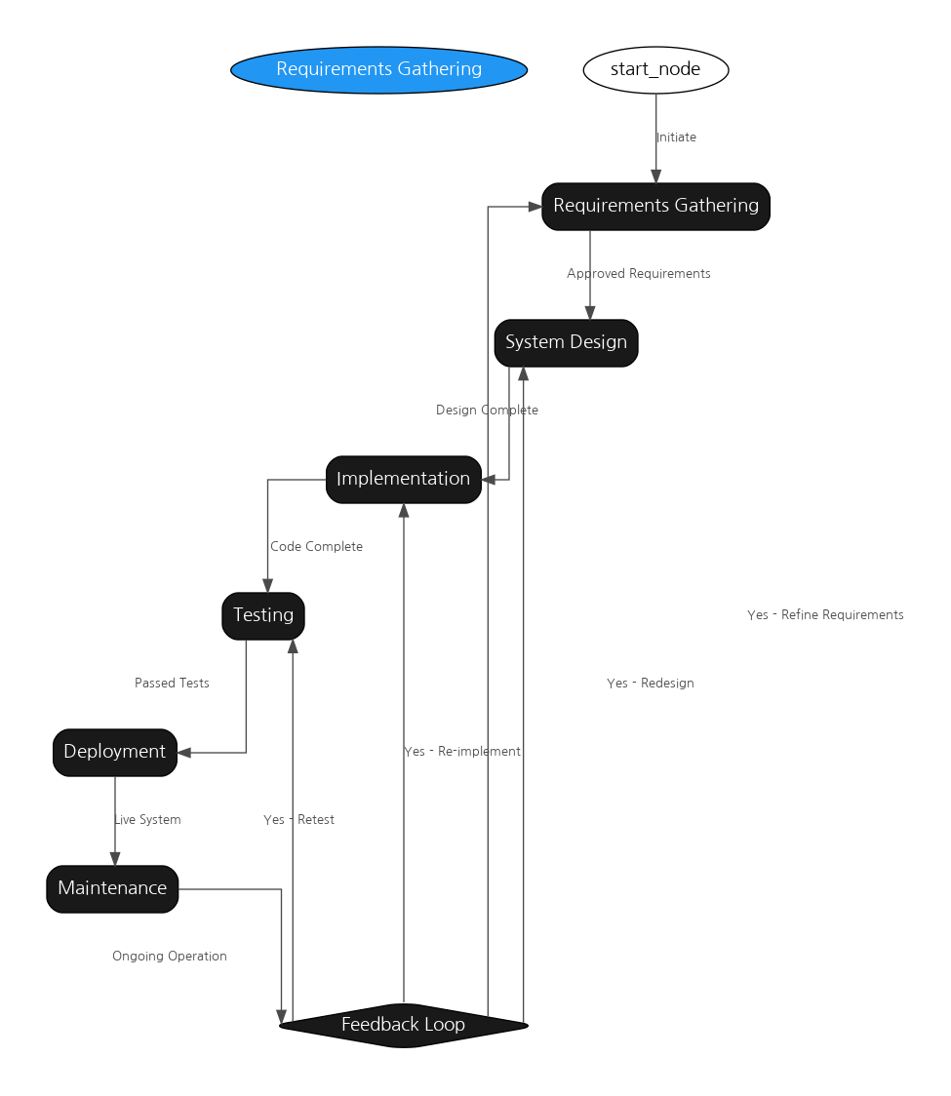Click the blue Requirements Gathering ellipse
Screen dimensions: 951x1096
(x=379, y=70)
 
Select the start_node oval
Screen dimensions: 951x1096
(x=655, y=70)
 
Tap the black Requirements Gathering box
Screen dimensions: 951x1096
(x=655, y=206)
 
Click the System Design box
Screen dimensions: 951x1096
(x=567, y=342)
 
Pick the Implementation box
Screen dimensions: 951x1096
(x=404, y=480)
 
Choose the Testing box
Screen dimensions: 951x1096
(x=263, y=616)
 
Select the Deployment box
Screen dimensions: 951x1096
(x=115, y=752)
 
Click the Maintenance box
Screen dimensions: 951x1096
(x=112, y=889)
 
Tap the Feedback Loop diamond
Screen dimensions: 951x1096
(x=404, y=1026)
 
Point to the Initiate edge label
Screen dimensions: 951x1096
(x=676, y=137)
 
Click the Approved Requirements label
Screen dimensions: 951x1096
(x=639, y=274)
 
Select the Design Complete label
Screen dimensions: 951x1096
(x=487, y=411)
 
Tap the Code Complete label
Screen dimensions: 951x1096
(x=316, y=547)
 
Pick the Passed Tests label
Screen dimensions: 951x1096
(x=172, y=683)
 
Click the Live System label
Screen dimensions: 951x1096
(x=147, y=819)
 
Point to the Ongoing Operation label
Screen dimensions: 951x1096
(x=169, y=957)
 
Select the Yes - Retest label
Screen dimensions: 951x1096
(x=298, y=819)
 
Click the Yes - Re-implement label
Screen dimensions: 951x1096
(x=462, y=752)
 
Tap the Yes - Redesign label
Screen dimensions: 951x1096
(x=651, y=683)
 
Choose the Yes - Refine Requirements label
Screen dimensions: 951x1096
(x=825, y=615)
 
